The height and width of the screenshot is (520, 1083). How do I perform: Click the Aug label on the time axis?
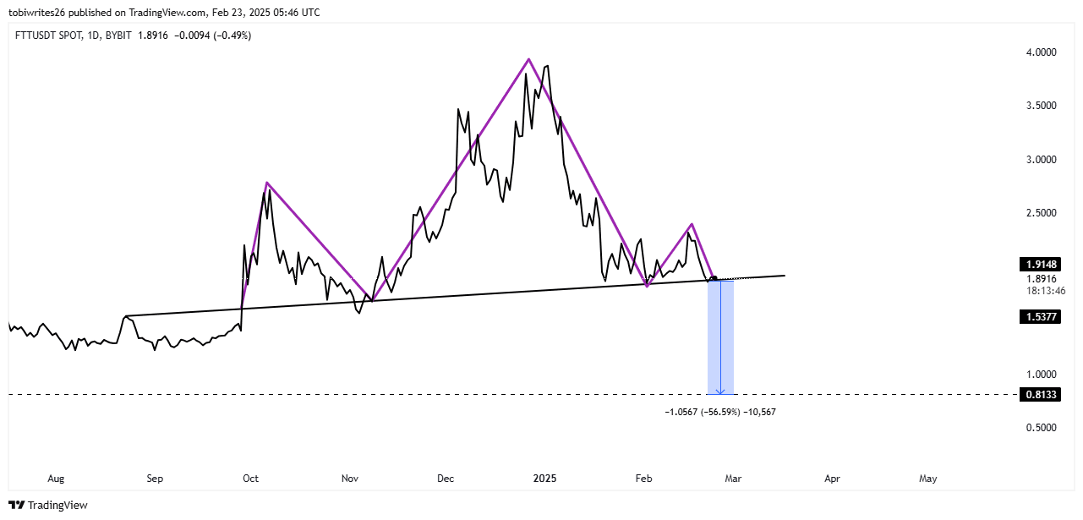click(56, 479)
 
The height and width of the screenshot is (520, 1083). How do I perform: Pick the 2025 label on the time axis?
click(544, 479)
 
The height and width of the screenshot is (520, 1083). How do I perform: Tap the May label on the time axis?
click(928, 479)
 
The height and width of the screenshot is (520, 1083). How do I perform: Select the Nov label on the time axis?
click(348, 479)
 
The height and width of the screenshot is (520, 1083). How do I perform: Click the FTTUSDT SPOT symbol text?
click(49, 35)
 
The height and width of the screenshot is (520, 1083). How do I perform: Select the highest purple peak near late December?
click(529, 59)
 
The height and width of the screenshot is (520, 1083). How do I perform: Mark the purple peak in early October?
click(266, 183)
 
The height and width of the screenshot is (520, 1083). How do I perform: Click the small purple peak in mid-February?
click(692, 224)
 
